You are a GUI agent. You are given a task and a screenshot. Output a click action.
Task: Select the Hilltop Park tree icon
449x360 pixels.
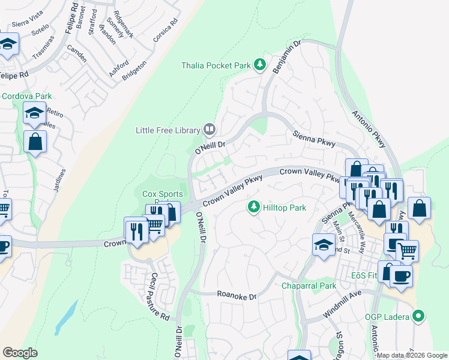tap(254, 208)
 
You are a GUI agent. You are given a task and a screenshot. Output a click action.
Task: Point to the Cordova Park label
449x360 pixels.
tap(27, 96)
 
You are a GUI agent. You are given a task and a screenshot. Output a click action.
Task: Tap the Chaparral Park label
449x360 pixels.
tap(309, 286)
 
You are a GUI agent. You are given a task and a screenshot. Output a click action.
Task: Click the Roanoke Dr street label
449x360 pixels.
tap(236, 296)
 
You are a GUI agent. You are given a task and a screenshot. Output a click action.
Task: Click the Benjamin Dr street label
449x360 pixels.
tap(289, 58)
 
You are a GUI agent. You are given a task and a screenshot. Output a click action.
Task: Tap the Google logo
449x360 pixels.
tap(20, 352)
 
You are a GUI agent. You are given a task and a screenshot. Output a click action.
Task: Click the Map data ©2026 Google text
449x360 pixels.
tap(412, 355)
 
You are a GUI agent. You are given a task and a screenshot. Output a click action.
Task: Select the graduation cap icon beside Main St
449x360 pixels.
tap(324, 245)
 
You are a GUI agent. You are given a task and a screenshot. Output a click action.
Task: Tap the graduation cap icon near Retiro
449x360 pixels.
tap(34, 112)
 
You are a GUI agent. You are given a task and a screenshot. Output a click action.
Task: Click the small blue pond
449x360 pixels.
tap(65, 316)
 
